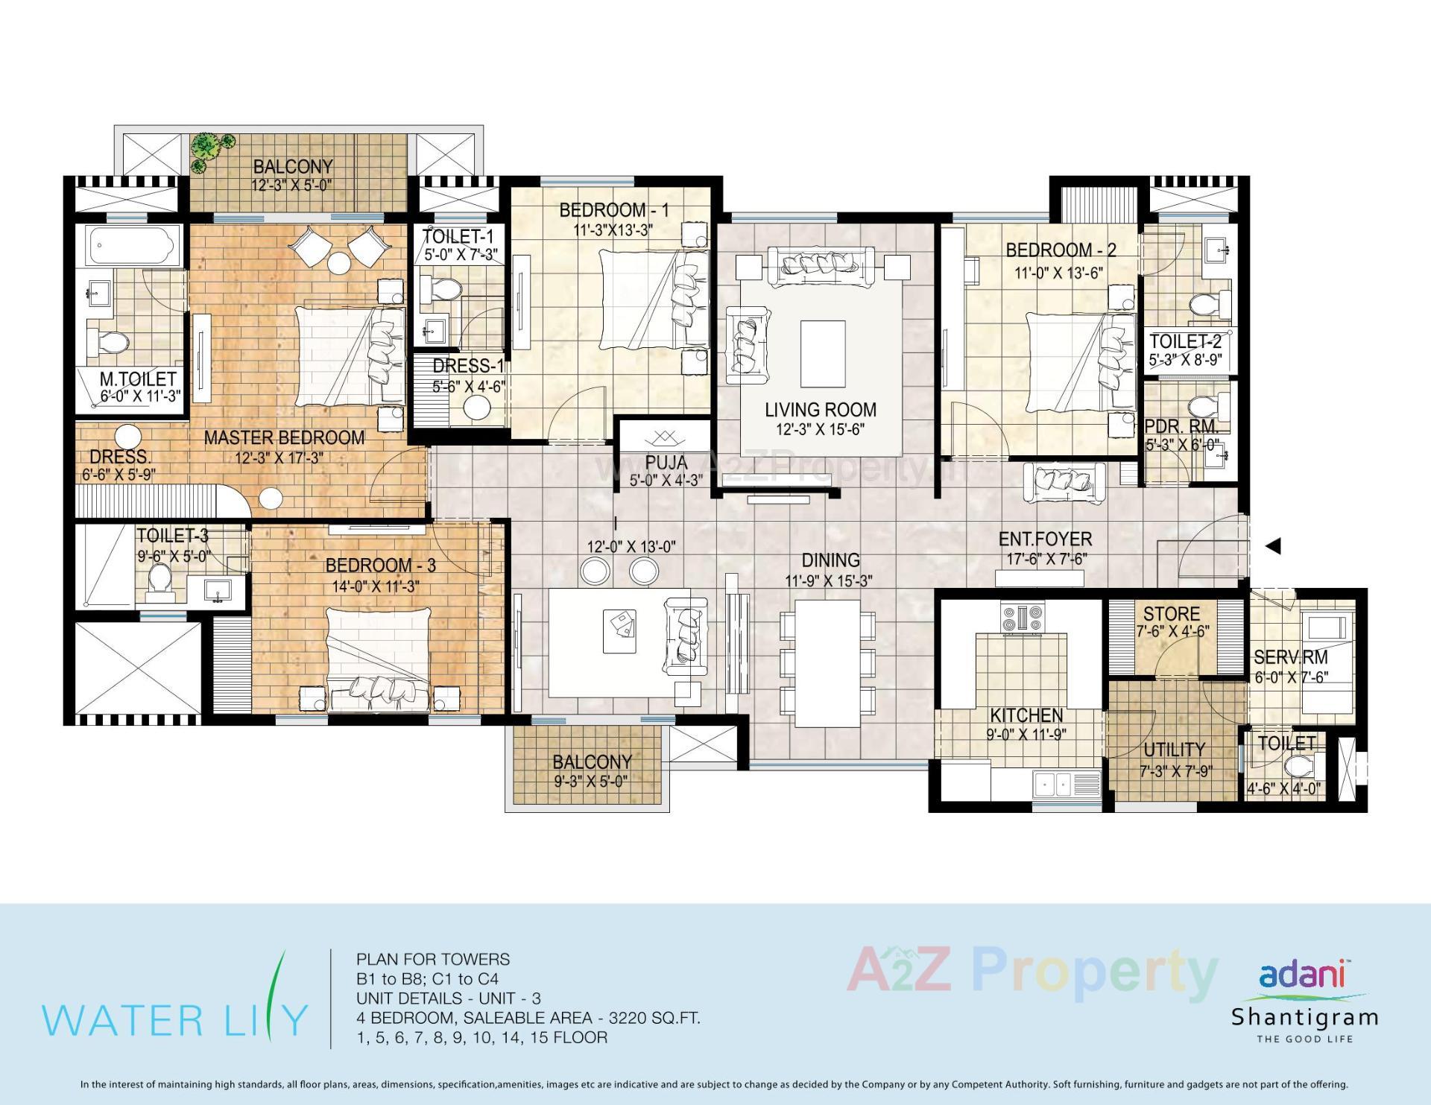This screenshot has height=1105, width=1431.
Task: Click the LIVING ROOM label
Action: click(x=820, y=410)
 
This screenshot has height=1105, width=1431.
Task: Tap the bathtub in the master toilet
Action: click(x=130, y=246)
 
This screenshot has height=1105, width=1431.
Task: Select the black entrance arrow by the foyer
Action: click(x=1273, y=546)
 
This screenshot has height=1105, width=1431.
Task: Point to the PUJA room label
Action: click(x=666, y=463)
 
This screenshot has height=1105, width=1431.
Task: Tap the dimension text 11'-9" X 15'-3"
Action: click(x=829, y=580)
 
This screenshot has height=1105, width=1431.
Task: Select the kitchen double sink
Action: click(x=1055, y=782)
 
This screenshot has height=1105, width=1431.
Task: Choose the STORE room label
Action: click(x=1171, y=614)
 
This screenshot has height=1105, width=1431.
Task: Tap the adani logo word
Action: click(x=1301, y=975)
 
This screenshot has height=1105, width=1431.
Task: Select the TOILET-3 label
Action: click(x=172, y=536)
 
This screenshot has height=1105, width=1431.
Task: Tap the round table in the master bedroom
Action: click(x=338, y=263)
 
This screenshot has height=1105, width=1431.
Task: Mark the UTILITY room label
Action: click(x=1174, y=750)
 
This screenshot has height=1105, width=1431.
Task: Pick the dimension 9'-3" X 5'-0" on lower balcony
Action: click(x=591, y=782)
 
